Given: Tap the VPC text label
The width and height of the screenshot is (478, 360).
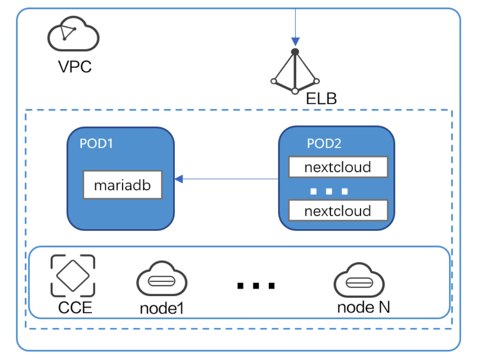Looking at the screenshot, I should pyautogui.click(x=75, y=67).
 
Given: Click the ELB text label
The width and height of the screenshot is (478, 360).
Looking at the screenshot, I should pyautogui.click(x=321, y=98).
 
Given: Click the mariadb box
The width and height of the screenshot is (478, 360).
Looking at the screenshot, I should pyautogui.click(x=122, y=185).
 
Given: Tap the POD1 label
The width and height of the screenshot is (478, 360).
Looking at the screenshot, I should pyautogui.click(x=96, y=144).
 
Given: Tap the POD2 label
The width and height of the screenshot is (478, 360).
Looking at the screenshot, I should pyautogui.click(x=324, y=144).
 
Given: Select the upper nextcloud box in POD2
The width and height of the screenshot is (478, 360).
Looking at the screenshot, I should pyautogui.click(x=338, y=168).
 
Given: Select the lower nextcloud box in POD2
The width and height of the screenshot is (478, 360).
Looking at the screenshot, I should pyautogui.click(x=338, y=211).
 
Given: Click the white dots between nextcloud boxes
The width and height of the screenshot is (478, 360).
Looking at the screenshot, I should pyautogui.click(x=329, y=191).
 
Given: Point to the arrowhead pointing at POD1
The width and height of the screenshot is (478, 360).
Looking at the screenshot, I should pyautogui.click(x=179, y=179).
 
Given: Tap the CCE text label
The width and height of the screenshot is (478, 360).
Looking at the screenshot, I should pyautogui.click(x=75, y=308).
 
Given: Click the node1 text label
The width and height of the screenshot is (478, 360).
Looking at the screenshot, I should pyautogui.click(x=162, y=308).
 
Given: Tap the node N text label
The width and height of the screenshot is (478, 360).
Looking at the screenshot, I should pyautogui.click(x=363, y=307).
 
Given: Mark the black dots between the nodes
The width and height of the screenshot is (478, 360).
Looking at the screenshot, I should pyautogui.click(x=256, y=286).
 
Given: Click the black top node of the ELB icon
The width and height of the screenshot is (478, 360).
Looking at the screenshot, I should pyautogui.click(x=295, y=52).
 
